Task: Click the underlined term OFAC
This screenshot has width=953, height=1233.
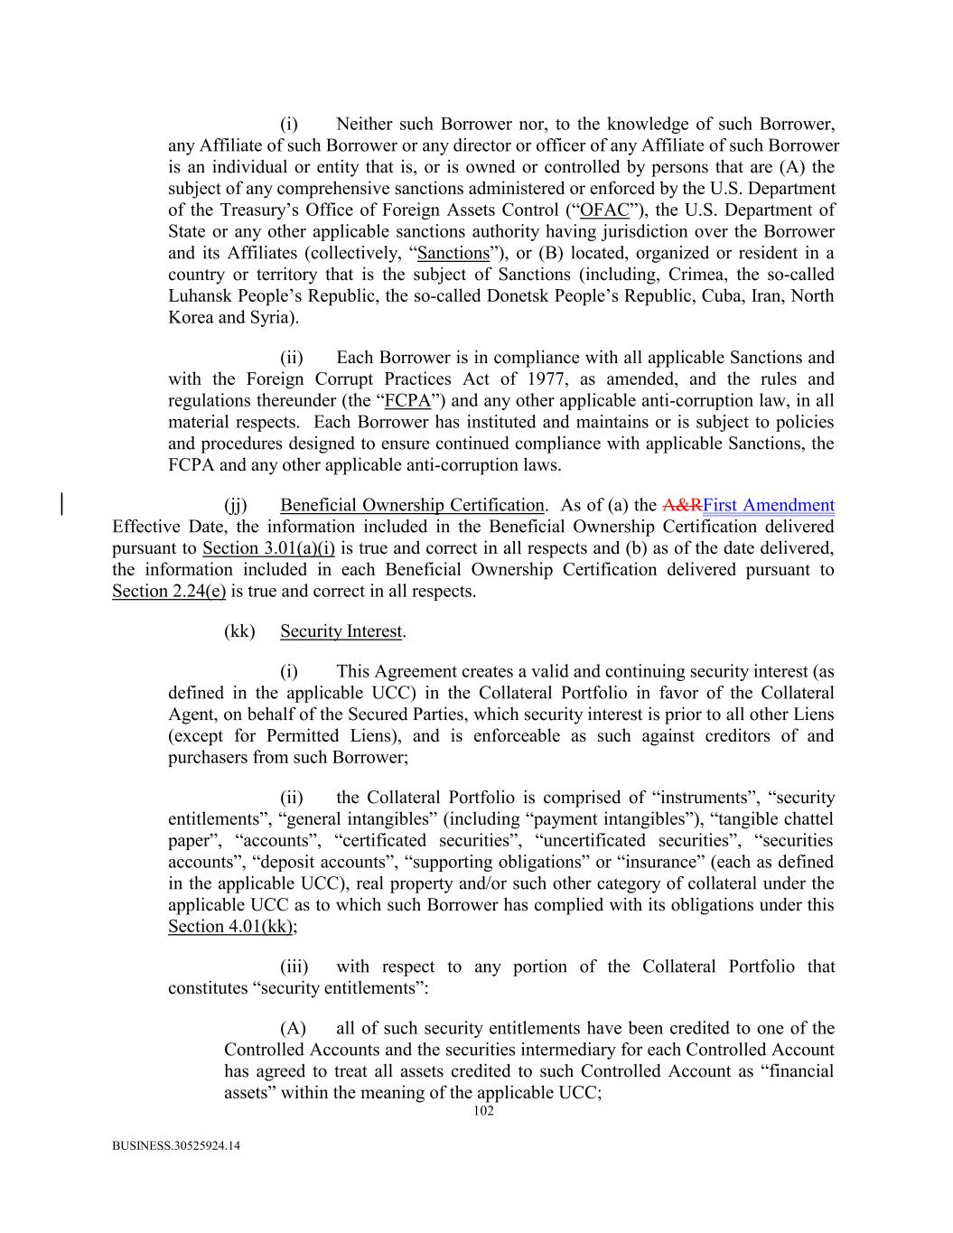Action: pyautogui.click(x=604, y=210)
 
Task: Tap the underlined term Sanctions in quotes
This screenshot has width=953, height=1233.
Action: pyautogui.click(x=453, y=253)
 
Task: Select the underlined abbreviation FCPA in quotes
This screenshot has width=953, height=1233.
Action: pyautogui.click(x=406, y=400)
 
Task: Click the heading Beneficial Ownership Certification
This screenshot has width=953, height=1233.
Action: pyautogui.click(x=412, y=505)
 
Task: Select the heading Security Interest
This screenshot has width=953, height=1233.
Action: pyautogui.click(x=341, y=631)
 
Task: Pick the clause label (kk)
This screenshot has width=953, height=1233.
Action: pyautogui.click(x=239, y=631)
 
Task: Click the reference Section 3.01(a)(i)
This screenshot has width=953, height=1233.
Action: pyautogui.click(x=268, y=548)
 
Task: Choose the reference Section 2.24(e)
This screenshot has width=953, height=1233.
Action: pyautogui.click(x=168, y=592)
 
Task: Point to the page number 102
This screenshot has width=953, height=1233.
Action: pyautogui.click(x=483, y=1112)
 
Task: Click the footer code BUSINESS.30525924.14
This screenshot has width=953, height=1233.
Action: pyautogui.click(x=176, y=1146)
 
